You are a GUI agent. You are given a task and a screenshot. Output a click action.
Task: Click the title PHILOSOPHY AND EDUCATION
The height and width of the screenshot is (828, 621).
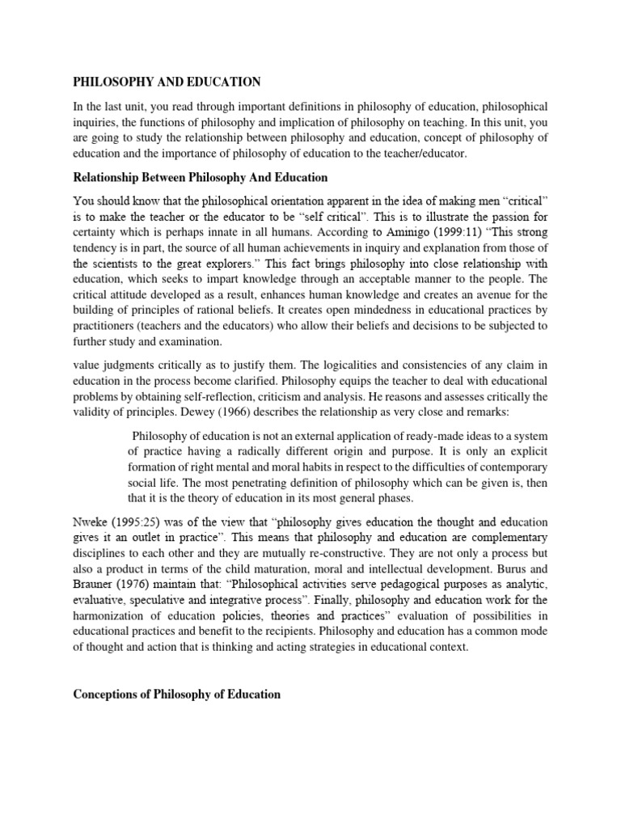click(x=167, y=82)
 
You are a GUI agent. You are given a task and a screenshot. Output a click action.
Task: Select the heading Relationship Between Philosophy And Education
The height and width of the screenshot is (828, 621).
click(x=201, y=177)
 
